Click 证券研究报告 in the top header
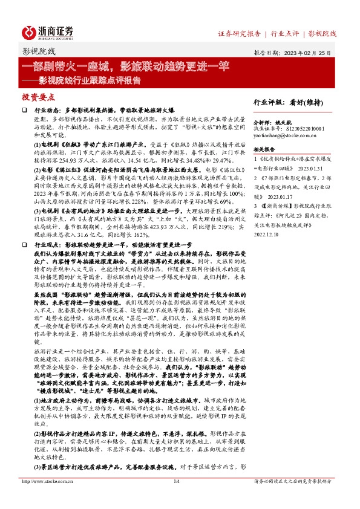click(x=239, y=33)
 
